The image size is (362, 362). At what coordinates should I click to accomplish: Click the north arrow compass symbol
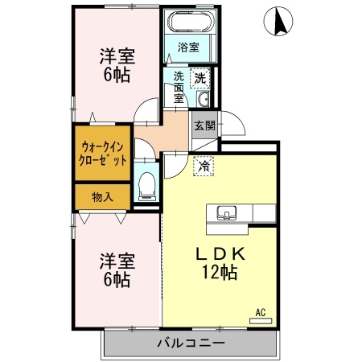tap(278, 21)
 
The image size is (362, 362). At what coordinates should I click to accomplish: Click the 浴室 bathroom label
tap(188, 47)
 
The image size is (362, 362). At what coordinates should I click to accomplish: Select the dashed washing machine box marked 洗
tap(200, 78)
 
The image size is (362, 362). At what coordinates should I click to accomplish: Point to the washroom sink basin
tap(204, 99)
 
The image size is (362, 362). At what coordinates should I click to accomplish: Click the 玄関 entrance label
tap(205, 125)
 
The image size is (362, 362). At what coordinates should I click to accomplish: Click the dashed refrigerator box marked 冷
tap(204, 167)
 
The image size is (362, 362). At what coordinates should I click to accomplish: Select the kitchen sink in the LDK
tap(227, 213)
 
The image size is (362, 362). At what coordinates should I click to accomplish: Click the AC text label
tap(261, 312)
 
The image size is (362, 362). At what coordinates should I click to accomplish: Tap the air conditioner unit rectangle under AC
tap(261, 321)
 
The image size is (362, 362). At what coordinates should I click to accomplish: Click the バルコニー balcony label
tap(191, 343)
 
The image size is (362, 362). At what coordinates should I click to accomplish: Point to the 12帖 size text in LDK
tap(220, 272)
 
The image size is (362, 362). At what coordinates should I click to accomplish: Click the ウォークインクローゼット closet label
tap(103, 154)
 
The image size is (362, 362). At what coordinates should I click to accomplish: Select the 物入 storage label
tap(102, 197)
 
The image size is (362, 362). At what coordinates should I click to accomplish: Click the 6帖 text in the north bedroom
tap(117, 75)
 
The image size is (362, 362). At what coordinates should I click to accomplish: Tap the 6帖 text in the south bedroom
tap(117, 280)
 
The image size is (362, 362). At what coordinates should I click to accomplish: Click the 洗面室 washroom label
tap(179, 88)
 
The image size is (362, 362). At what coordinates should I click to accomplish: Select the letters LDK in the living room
tap(220, 254)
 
